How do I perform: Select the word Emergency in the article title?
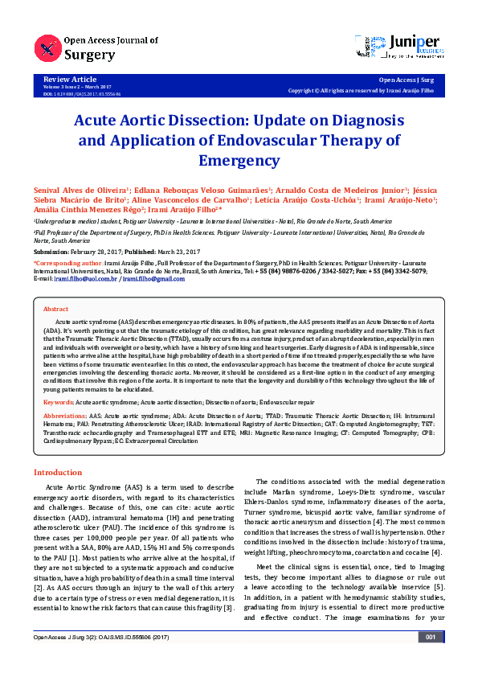(239, 159)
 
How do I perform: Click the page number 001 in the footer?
(431, 660)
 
